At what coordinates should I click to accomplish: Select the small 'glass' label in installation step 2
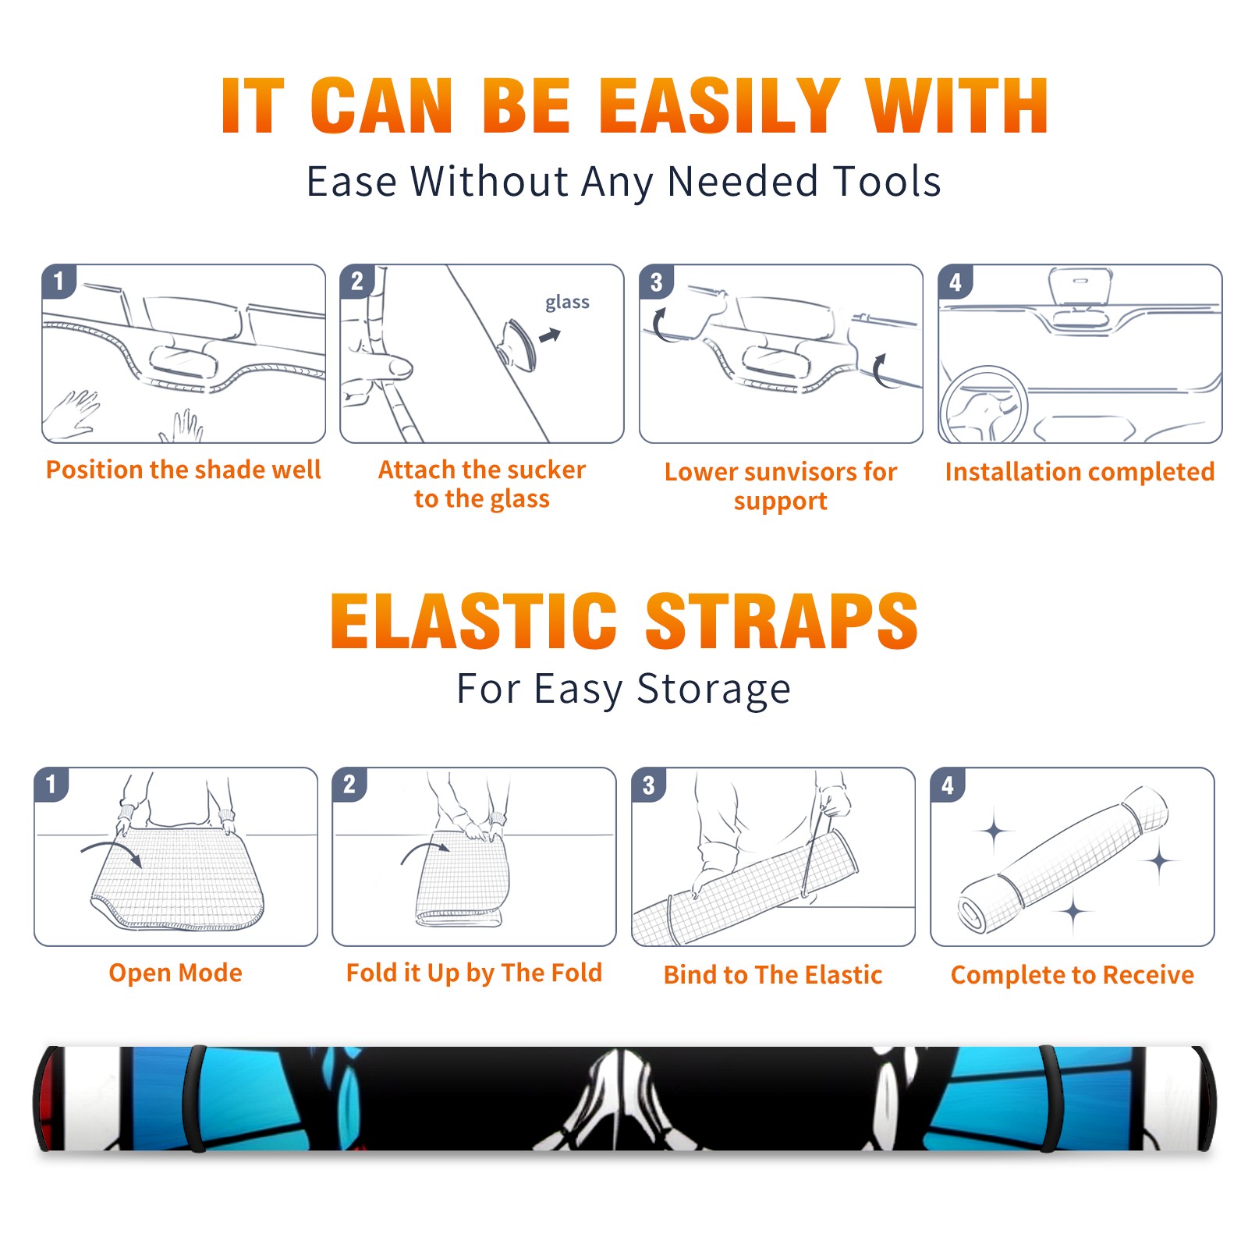[x=567, y=302]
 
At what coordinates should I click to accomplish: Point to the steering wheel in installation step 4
[x=984, y=406]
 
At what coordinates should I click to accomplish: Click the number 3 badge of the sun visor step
[x=656, y=282]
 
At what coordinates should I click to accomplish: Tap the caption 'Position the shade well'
[x=183, y=470]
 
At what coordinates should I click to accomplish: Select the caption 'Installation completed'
[x=1080, y=472]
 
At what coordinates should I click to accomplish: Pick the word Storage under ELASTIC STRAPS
[x=714, y=690]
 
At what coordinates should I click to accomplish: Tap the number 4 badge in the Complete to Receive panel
[x=948, y=785]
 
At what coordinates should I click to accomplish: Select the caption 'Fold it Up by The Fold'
[x=474, y=973]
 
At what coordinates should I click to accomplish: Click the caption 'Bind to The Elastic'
[x=773, y=975]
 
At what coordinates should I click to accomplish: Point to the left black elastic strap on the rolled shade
[x=194, y=1098]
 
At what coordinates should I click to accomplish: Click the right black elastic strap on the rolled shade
[x=1051, y=1098]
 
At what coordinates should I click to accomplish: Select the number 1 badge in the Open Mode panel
[x=51, y=785]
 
